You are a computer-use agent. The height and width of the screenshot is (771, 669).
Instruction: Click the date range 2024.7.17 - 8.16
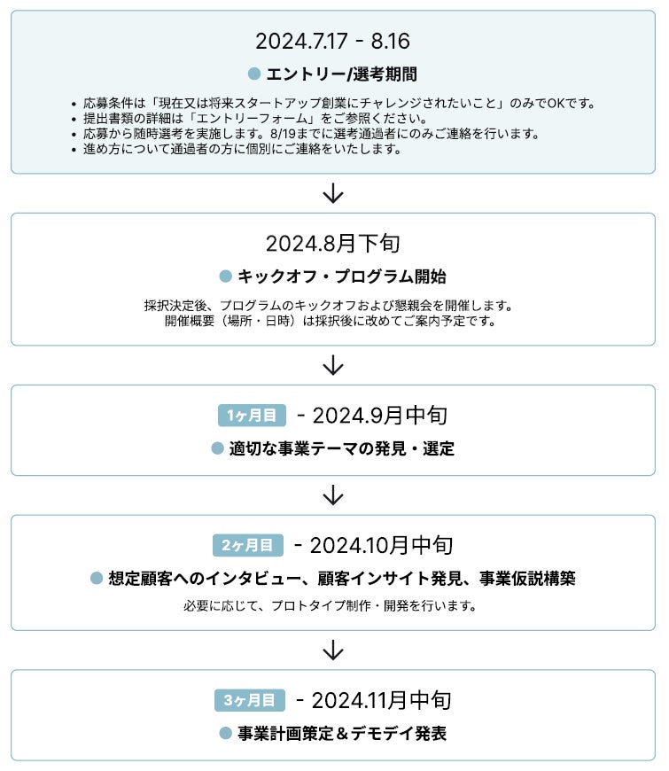tap(332, 42)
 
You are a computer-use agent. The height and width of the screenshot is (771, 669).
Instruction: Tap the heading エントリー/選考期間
tap(341, 74)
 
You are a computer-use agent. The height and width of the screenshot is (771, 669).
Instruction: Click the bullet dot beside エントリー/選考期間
tap(254, 74)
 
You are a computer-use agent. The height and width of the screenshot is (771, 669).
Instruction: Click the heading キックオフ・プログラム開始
tap(341, 276)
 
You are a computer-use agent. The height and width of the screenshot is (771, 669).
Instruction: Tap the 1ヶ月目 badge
tap(253, 415)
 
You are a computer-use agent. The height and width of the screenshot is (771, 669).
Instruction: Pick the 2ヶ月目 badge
tap(248, 544)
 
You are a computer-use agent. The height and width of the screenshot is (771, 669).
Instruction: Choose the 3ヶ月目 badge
tap(250, 700)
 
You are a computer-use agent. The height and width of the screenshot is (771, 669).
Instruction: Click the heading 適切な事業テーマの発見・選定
tap(341, 448)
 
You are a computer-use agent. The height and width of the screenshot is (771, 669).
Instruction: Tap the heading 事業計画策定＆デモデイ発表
tap(341, 734)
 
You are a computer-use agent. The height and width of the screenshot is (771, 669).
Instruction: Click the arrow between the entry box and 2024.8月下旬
tap(333, 193)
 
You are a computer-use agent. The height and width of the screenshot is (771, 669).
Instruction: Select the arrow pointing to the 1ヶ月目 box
tap(333, 365)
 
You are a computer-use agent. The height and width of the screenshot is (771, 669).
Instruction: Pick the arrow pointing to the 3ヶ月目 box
tap(333, 650)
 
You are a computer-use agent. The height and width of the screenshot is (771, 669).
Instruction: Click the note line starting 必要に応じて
tap(332, 607)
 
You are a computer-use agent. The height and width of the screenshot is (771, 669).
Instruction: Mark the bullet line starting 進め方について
tap(243, 149)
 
